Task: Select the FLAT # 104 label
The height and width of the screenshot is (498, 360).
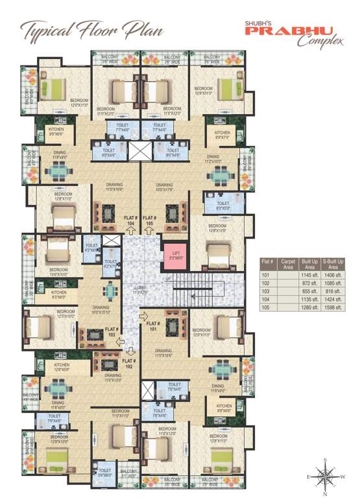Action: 130,219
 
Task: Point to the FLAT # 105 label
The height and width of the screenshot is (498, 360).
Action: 150,219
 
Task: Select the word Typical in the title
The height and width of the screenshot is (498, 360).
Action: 45,30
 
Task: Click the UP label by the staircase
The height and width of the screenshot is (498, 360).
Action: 169,279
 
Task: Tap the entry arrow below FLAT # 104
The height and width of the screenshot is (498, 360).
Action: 130,234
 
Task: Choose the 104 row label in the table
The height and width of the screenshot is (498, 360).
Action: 265,300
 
